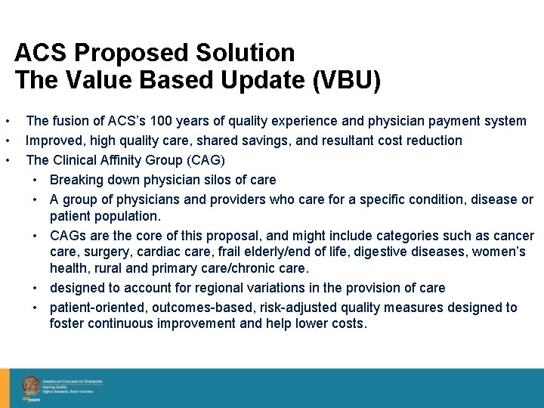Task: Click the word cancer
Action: [x=514, y=236]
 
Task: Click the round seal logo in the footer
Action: [x=31, y=385]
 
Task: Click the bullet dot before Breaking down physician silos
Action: [x=36, y=181]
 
